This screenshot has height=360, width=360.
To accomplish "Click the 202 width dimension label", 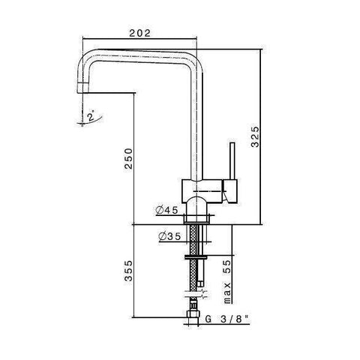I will (140, 33).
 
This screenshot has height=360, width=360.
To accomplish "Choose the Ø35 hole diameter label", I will (169, 237).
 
